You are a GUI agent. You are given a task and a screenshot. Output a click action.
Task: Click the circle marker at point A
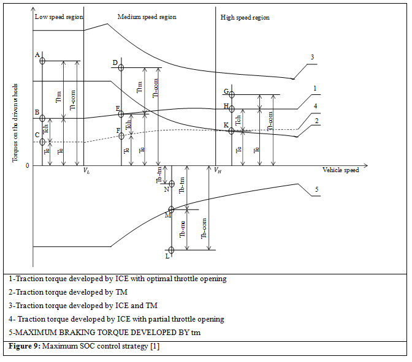[x=42, y=61]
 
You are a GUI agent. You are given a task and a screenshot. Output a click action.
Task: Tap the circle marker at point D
[x=121, y=67]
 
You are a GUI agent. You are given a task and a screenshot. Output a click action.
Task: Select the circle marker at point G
[x=232, y=94]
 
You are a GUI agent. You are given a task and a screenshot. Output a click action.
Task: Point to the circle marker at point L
[x=171, y=250]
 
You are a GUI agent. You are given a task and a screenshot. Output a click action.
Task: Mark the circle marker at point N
[x=172, y=184]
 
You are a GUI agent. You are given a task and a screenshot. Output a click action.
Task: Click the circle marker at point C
[x=42, y=142]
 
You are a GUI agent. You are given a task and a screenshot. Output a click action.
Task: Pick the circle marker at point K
[x=232, y=130]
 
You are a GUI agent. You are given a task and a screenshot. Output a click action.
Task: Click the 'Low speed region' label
[x=59, y=17]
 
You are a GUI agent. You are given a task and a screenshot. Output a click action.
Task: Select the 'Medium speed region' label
[x=147, y=17]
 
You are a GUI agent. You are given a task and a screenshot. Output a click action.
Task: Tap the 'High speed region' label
[x=245, y=18]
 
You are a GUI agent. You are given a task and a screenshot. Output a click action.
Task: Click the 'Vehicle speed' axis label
[x=340, y=170]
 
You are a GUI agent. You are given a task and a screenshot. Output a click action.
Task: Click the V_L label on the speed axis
[x=87, y=170]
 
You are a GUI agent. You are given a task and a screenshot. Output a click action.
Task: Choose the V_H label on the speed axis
[x=218, y=171]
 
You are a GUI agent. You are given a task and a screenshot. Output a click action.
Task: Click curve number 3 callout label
[x=312, y=57]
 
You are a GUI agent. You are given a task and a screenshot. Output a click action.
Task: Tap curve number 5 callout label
[x=316, y=189]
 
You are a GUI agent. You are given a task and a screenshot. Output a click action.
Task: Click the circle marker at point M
[x=171, y=209]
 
